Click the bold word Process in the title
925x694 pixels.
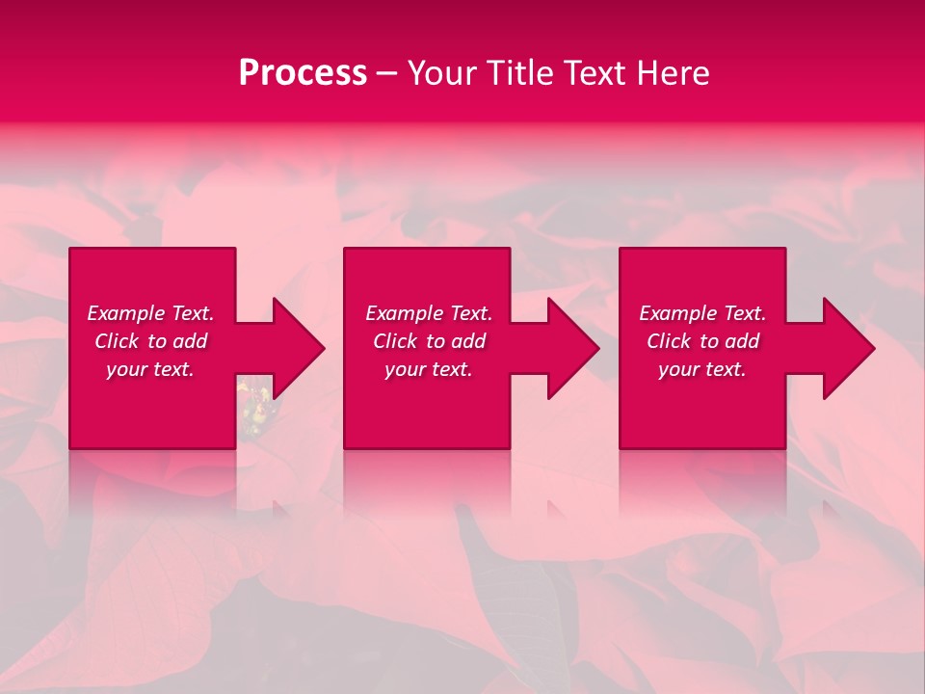pyautogui.click(x=303, y=73)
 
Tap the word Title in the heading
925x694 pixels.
pyautogui.click(x=518, y=73)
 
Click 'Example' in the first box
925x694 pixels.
pyautogui.click(x=126, y=313)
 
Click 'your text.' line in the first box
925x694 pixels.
pyautogui.click(x=150, y=369)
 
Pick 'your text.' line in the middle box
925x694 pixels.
pyautogui.click(x=428, y=369)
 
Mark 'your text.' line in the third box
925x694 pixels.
pyautogui.click(x=702, y=369)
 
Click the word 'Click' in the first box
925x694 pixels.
pyautogui.click(x=117, y=341)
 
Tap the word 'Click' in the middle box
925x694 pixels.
pyautogui.click(x=395, y=341)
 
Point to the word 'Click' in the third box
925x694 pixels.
pyautogui.click(x=669, y=341)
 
